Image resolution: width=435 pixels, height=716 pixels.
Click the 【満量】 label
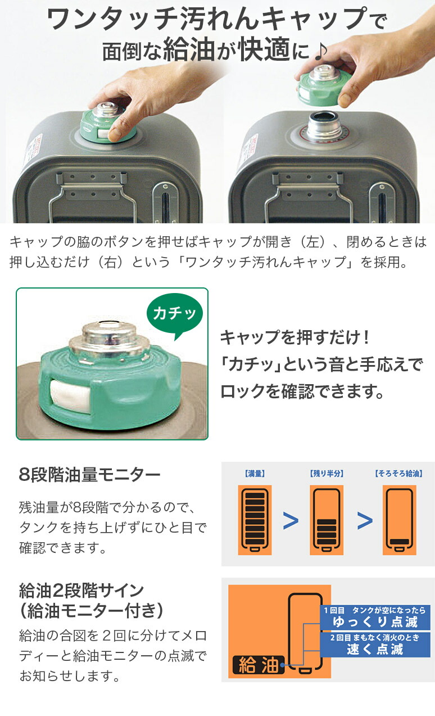[x=255, y=474]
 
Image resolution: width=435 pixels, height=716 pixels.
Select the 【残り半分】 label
[x=327, y=474]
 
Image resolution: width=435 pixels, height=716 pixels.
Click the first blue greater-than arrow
[x=291, y=521]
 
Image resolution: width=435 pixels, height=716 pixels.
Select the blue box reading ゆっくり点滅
[x=375, y=618]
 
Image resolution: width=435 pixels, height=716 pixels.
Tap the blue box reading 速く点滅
[x=375, y=645]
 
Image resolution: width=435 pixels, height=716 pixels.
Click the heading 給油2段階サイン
[x=81, y=591]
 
